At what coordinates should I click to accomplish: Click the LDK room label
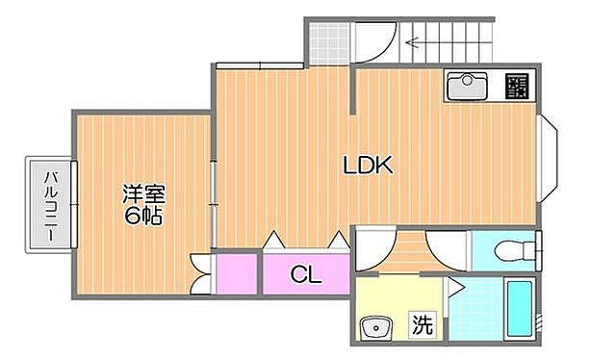(369, 165)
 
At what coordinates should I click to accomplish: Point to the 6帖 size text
(141, 215)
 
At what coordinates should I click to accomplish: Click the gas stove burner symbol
(517, 87)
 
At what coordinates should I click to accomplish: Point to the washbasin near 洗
(373, 325)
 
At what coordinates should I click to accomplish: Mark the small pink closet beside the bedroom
(236, 272)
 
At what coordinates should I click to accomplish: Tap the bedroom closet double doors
(201, 274)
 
